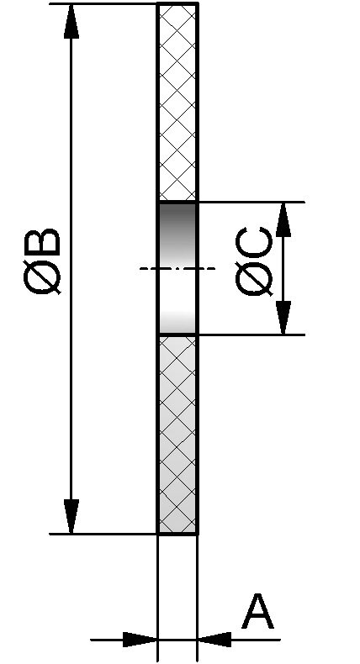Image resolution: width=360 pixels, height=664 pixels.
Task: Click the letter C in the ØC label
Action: (253, 243)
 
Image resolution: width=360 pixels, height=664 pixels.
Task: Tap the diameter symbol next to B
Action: (42, 278)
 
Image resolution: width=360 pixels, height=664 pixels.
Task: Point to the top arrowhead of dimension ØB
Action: (71, 21)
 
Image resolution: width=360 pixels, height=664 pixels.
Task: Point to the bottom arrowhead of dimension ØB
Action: (71, 516)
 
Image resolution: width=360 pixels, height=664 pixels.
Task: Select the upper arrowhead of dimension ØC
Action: (283, 219)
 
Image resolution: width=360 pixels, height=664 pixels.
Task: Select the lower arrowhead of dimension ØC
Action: (283, 318)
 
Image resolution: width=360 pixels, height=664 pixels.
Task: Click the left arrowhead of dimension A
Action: (140, 640)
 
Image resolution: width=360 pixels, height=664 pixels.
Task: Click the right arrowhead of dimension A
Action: (214, 640)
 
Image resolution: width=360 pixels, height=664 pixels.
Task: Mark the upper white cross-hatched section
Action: (177, 103)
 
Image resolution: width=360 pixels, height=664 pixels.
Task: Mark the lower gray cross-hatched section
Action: (177, 435)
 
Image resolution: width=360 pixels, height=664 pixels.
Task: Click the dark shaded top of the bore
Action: (177, 224)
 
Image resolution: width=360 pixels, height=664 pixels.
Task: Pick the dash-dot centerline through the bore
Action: (177, 268)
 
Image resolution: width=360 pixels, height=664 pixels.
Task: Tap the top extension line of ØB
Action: (103, 4)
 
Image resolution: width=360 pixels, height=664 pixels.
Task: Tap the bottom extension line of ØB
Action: (103, 534)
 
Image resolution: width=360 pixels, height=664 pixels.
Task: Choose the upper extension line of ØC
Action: (251, 202)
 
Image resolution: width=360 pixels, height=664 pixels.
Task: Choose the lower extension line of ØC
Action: (251, 335)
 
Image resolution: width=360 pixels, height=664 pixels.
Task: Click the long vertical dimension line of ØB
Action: (71, 269)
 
